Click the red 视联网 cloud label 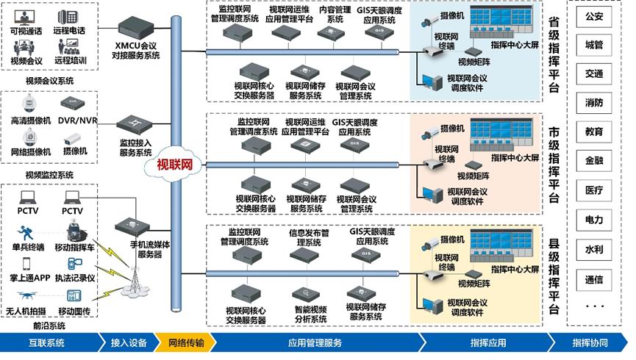(174, 165)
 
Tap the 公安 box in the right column (594, 15)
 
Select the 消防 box (594, 102)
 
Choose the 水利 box (594, 249)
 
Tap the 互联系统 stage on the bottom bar (46, 342)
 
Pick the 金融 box (594, 161)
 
